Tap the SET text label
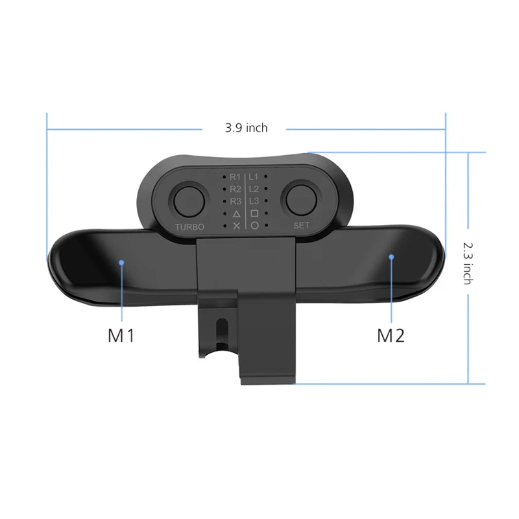(302, 226)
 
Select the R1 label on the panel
(235, 176)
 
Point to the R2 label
(235, 189)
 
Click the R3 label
(235, 201)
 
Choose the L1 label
(254, 176)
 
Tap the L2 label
(254, 189)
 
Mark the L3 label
(254, 201)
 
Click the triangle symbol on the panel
(236, 213)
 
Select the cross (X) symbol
(236, 225)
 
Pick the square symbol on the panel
(254, 213)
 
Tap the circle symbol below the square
(254, 225)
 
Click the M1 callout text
(120, 335)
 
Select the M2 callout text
(391, 335)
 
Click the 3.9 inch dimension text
(247, 128)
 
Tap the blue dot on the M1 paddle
(121, 262)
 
